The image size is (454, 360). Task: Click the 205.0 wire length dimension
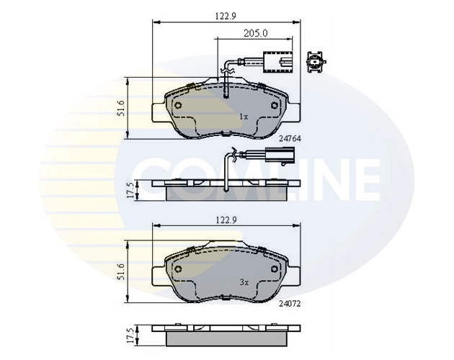(x=255, y=33)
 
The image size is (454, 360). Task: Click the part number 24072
(x=288, y=303)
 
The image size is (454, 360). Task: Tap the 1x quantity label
(x=244, y=115)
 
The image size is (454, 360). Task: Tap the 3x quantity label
(x=244, y=284)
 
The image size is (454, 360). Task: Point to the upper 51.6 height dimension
(x=122, y=107)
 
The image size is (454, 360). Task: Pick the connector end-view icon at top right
(x=315, y=63)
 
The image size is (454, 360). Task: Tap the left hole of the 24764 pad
(x=179, y=104)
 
